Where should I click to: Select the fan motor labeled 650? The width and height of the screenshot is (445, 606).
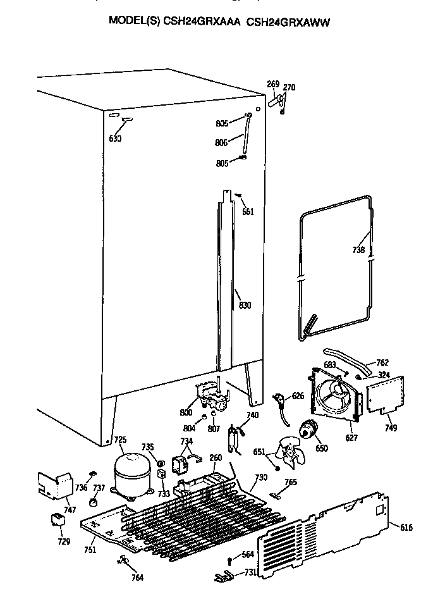coord(308,431)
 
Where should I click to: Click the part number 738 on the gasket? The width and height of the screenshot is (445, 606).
coord(358,250)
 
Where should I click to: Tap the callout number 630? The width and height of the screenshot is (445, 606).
coord(116,139)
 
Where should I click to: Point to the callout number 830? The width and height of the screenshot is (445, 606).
coord(245,306)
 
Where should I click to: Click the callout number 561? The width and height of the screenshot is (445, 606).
coord(248,212)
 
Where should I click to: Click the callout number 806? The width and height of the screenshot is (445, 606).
coord(222,144)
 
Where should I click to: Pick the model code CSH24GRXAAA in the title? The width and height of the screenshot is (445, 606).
coord(204,22)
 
